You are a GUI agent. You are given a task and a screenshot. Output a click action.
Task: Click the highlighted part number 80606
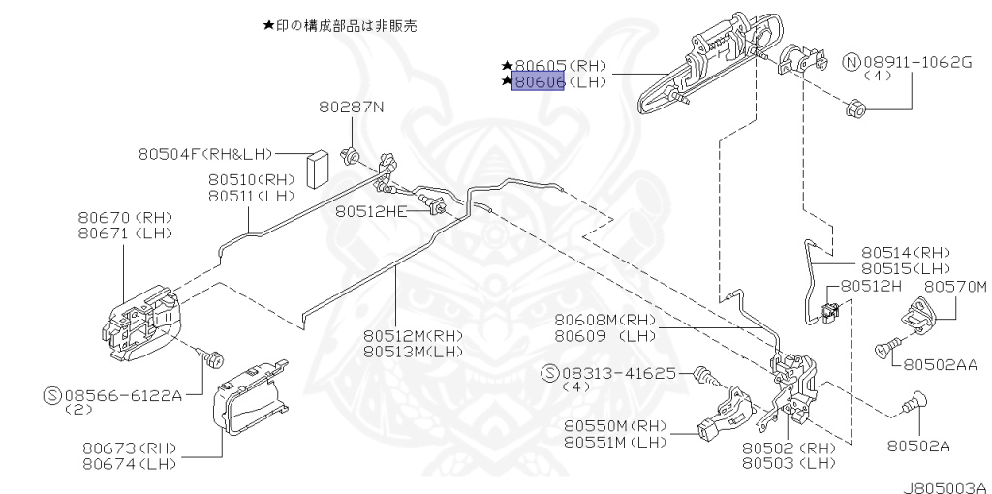pyautogui.click(x=540, y=83)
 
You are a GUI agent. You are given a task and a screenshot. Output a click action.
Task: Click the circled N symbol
pyautogui.click(x=852, y=63)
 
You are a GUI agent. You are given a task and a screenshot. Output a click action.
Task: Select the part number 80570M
pyautogui.click(x=954, y=287)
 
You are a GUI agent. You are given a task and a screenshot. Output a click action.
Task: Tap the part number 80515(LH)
pyautogui.click(x=906, y=266)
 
